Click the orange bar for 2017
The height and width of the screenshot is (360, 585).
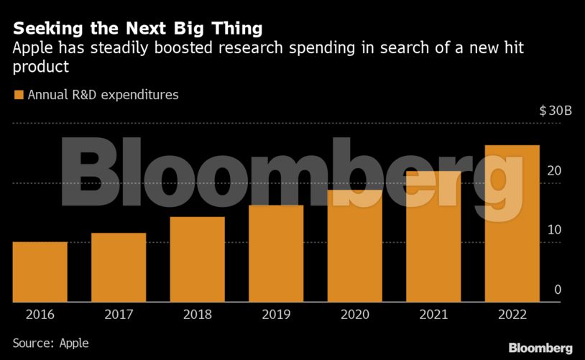(119, 267)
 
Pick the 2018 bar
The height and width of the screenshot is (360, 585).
(198, 259)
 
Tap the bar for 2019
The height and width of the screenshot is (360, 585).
(276, 254)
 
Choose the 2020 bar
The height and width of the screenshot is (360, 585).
(355, 246)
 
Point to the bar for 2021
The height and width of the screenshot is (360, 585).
(433, 237)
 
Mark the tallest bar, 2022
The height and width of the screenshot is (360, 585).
(512, 223)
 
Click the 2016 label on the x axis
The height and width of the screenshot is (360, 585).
(40, 315)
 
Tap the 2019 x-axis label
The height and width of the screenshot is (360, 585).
(276, 315)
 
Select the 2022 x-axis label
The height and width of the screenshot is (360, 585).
(512, 315)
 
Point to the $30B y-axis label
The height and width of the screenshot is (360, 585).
(556, 111)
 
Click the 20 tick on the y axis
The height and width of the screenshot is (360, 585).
(553, 171)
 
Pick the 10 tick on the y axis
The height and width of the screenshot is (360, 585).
(553, 230)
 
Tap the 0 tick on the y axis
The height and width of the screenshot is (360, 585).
(558, 290)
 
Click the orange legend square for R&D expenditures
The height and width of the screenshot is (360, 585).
(19, 94)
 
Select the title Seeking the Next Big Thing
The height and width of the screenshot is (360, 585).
(137, 29)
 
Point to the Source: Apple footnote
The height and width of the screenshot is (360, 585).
(50, 343)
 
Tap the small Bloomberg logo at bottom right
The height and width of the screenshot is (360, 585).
(540, 348)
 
